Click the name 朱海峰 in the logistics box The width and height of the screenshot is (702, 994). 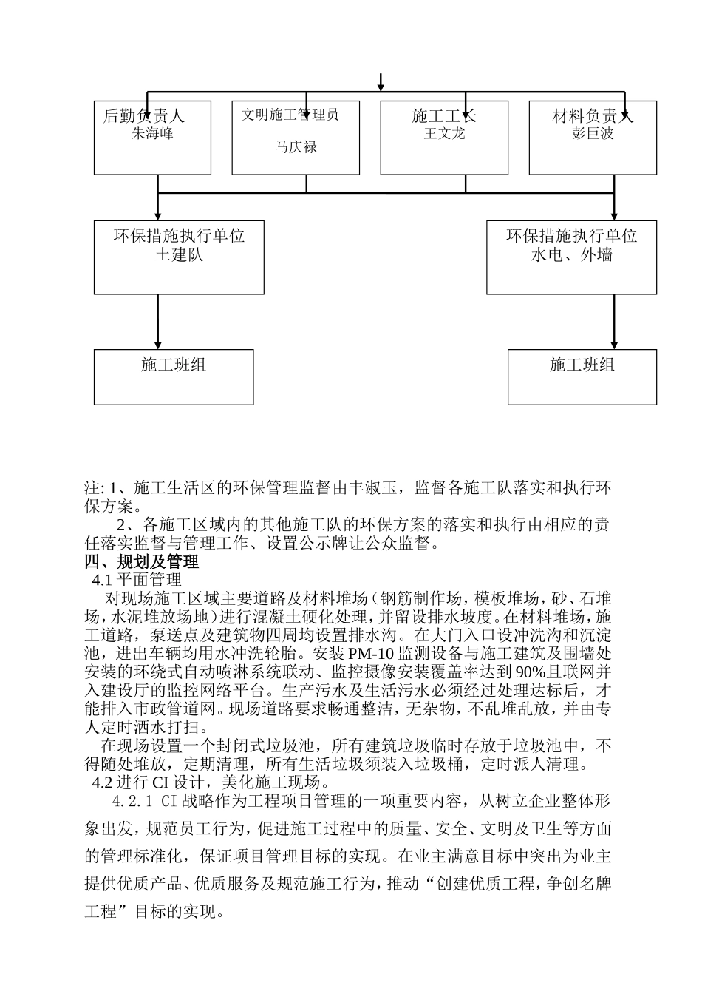point(152,134)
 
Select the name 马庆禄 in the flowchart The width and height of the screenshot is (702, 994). point(296,147)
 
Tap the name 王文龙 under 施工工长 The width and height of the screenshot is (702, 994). point(444,134)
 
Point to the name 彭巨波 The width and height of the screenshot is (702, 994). point(593,134)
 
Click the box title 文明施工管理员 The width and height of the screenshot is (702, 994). point(290,115)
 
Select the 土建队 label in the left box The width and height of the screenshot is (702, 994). point(179,255)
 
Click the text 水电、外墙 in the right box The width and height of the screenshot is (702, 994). point(571,255)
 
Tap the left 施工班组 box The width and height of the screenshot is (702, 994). point(174,376)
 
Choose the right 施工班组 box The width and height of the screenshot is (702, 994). point(582,376)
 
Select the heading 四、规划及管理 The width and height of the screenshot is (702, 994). point(142,562)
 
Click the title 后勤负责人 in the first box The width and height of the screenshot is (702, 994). point(143,116)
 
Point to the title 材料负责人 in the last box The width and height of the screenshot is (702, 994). point(593,116)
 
